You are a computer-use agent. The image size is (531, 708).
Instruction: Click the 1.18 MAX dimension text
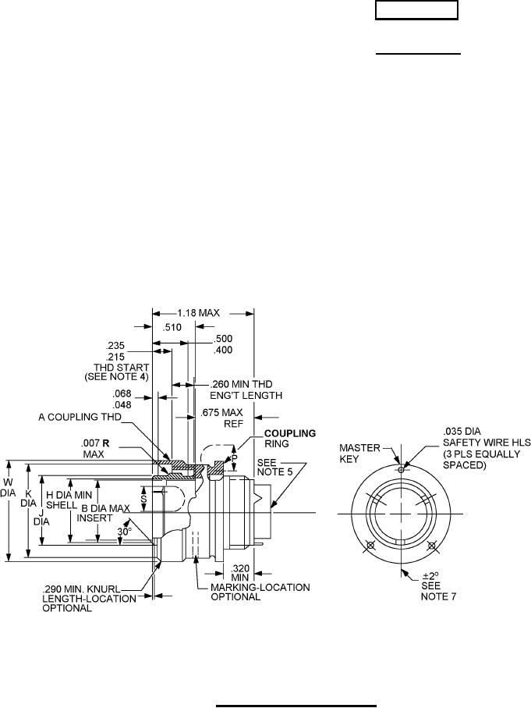coord(198,313)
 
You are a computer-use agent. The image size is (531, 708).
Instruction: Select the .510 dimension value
coord(172,327)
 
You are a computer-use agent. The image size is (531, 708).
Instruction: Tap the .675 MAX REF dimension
coord(221,418)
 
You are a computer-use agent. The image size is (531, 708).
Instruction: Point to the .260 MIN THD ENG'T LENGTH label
coord(246,390)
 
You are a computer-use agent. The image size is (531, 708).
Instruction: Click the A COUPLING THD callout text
coord(80,417)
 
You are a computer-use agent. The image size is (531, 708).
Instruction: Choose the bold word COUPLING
coord(290,433)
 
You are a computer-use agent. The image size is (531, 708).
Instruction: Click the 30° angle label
coord(125,532)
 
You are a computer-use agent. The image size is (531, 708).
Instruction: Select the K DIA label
coord(28,500)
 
